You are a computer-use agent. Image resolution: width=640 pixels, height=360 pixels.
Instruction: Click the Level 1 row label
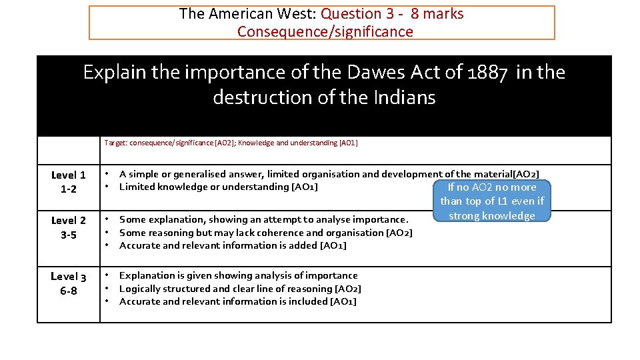click(68, 175)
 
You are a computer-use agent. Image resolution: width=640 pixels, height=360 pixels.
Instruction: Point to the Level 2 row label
click(68, 221)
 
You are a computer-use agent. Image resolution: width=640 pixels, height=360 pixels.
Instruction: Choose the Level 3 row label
click(68, 277)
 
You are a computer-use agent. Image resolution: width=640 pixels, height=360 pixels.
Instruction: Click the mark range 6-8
click(68, 291)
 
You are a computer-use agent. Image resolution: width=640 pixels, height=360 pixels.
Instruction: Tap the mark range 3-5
click(68, 235)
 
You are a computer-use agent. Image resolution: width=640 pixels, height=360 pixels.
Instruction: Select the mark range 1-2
click(68, 189)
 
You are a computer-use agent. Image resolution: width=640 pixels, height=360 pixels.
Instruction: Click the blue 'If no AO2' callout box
click(492, 201)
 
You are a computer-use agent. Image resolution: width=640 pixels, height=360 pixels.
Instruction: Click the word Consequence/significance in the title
click(325, 32)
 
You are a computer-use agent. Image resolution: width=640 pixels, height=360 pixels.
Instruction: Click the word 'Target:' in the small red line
click(116, 143)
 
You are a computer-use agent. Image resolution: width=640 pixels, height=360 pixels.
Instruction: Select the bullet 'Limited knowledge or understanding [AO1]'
click(218, 187)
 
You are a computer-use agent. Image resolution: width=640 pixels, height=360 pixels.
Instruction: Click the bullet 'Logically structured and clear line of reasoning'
click(240, 289)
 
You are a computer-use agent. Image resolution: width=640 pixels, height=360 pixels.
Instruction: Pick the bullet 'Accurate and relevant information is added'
click(233, 245)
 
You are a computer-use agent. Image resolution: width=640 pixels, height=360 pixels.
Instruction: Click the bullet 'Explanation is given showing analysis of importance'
click(238, 275)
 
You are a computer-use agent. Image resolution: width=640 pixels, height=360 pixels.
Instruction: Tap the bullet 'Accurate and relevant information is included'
click(237, 301)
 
